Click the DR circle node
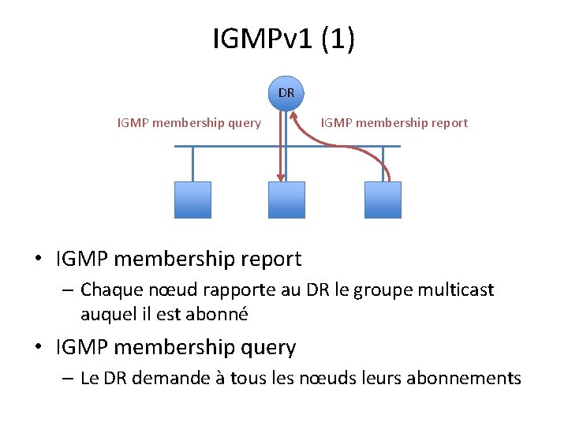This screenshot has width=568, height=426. (286, 93)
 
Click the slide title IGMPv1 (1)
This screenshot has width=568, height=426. (284, 39)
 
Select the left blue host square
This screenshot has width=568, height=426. (192, 200)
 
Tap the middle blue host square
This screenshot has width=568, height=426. (286, 200)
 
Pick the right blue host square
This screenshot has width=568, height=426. (383, 200)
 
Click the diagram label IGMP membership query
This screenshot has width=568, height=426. (189, 123)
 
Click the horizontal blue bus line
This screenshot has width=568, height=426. (237, 146)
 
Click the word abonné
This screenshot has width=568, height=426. (217, 314)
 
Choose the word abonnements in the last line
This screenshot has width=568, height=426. (464, 379)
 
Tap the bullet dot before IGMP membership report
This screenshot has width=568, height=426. (38, 259)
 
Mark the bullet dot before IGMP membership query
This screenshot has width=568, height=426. (38, 348)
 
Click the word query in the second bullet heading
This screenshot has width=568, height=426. (269, 348)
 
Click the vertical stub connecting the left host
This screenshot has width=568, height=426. (192, 164)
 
